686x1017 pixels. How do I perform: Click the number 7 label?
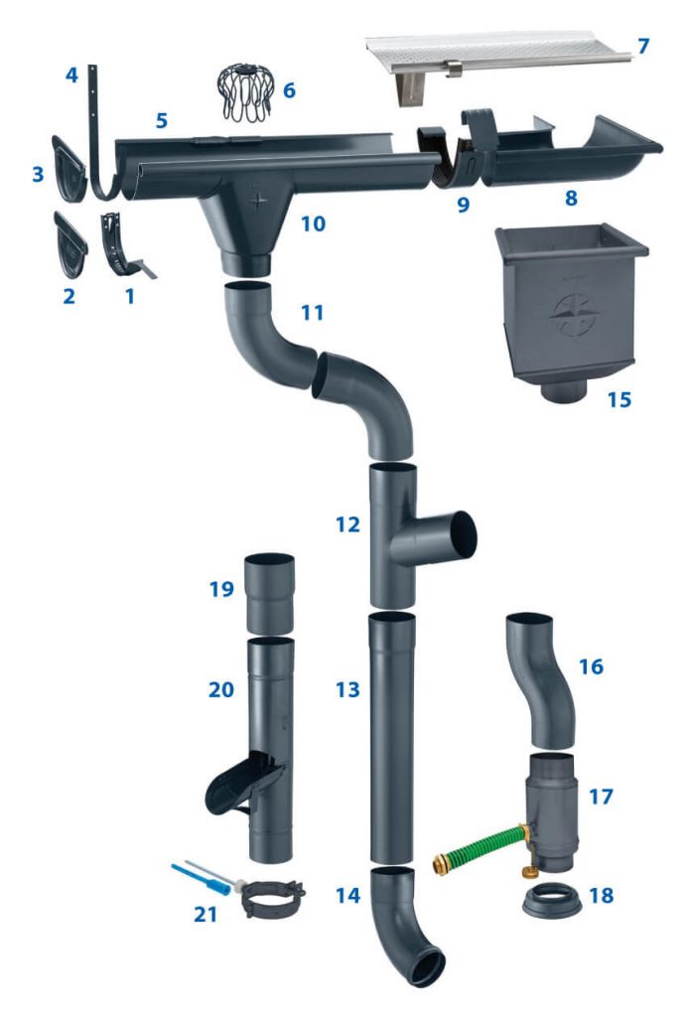point(643,46)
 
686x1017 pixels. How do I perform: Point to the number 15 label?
point(618,399)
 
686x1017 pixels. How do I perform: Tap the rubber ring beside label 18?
point(551,901)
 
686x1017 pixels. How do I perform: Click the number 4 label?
point(70,74)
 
